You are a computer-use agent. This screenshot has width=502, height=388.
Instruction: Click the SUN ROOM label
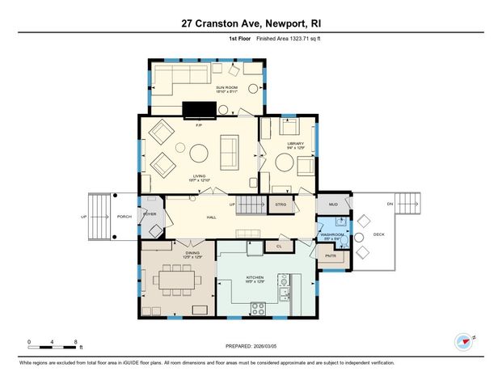click(226, 87)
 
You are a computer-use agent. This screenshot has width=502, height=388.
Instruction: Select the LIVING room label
click(198, 175)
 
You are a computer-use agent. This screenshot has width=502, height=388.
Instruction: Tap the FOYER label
click(150, 214)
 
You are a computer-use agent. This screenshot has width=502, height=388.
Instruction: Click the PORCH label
click(124, 216)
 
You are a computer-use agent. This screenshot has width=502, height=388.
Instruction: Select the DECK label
click(379, 234)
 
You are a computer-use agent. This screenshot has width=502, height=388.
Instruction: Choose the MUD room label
click(333, 204)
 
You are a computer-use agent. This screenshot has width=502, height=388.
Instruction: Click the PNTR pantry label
click(330, 255)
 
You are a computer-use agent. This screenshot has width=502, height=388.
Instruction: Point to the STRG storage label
click(281, 205)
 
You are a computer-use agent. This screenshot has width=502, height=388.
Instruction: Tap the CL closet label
click(278, 246)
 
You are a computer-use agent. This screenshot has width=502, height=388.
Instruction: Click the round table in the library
click(285, 162)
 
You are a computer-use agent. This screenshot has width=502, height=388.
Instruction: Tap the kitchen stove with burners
click(259, 307)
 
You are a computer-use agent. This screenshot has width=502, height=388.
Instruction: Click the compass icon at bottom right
click(464, 341)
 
